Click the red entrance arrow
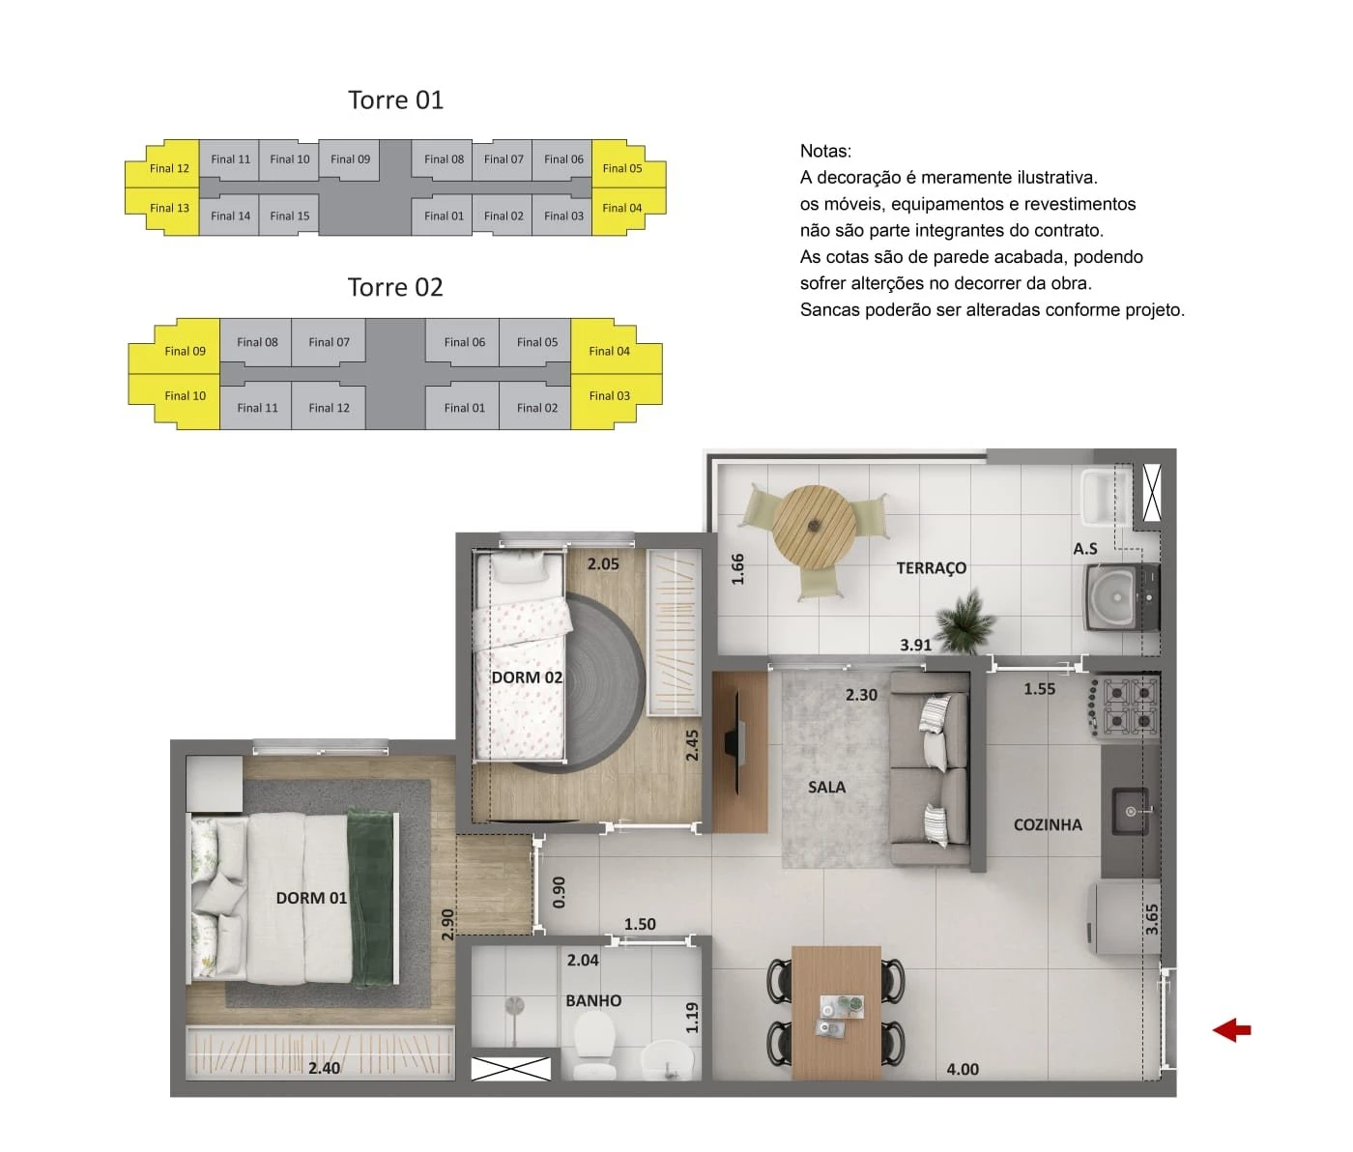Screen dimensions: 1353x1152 (x=1232, y=1029)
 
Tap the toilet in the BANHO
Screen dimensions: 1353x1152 (x=594, y=1046)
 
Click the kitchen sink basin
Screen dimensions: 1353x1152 (x=1131, y=812)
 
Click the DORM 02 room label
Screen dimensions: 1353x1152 (x=527, y=677)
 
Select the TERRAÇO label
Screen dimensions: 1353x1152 (x=932, y=568)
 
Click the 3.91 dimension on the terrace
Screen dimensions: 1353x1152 (x=915, y=646)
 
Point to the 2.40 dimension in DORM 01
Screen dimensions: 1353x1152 (x=324, y=1068)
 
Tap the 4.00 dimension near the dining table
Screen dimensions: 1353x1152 (x=963, y=1070)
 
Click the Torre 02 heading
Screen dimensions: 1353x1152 (x=394, y=287)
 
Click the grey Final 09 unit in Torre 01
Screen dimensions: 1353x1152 (x=350, y=159)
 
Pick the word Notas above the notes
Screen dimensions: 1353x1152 (x=825, y=151)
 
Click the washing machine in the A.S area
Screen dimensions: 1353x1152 (x=1120, y=597)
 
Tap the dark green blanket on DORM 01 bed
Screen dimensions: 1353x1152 (x=372, y=898)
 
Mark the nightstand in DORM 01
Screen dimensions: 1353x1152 (x=214, y=784)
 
